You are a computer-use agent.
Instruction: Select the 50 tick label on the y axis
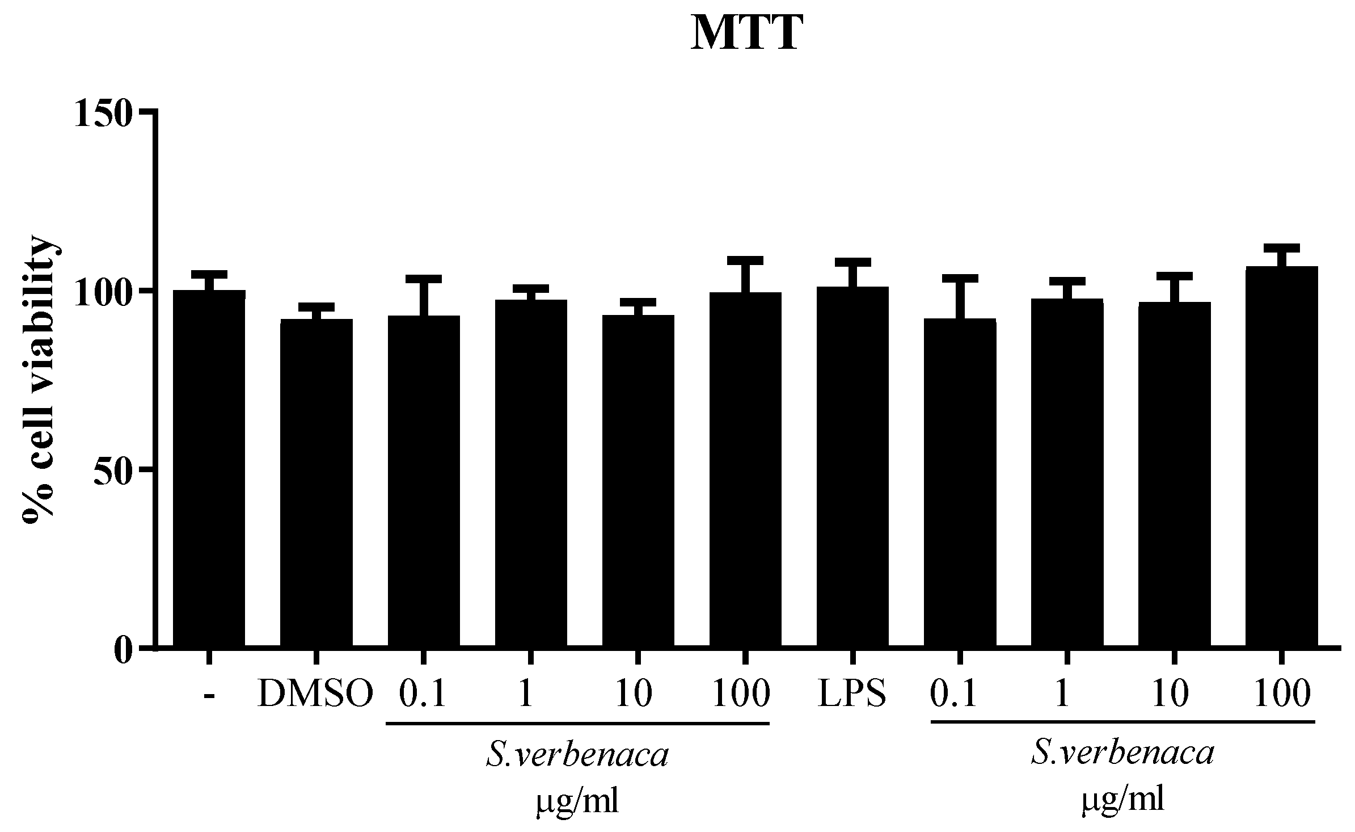point(113,469)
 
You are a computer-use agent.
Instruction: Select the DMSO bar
point(316,482)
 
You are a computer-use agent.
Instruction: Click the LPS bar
point(852,465)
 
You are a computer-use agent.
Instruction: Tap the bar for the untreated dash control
point(209,468)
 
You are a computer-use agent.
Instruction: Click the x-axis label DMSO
point(316,694)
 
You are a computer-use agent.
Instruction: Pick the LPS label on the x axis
point(852,694)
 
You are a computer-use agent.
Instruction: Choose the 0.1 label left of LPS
point(423,694)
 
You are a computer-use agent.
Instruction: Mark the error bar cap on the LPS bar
point(852,262)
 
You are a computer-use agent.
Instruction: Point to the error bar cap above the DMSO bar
point(316,306)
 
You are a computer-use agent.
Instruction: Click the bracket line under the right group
point(1122,722)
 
